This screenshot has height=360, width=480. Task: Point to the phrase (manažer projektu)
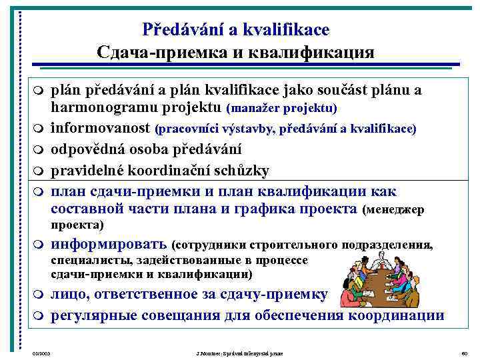tap(281, 108)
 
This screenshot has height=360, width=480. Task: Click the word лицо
tap(69, 295)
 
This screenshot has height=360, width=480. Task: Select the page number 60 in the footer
tap(464, 351)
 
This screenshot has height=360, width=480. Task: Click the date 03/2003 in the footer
tap(41, 351)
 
